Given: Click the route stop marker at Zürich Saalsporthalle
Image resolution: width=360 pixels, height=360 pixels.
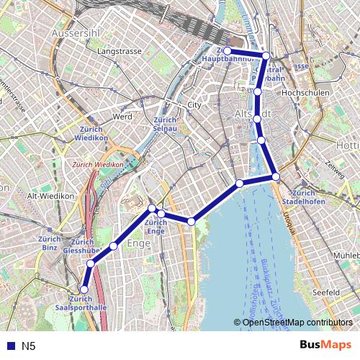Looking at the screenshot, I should [84, 289].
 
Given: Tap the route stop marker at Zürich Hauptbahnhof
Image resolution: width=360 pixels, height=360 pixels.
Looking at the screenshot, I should [227, 51].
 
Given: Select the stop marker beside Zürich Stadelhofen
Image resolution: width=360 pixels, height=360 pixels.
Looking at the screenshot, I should [276, 176].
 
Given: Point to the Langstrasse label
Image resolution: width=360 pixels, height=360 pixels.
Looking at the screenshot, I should [117, 53].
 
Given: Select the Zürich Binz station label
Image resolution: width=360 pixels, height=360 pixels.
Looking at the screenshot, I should [49, 243].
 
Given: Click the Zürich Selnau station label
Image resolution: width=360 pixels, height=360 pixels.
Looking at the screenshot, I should [166, 123].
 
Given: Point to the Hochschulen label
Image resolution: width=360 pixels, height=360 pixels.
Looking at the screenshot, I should [306, 94].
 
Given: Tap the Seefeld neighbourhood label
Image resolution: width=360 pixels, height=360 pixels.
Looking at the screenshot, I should [326, 293].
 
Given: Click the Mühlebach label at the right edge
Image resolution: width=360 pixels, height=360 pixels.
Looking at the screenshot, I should [346, 256].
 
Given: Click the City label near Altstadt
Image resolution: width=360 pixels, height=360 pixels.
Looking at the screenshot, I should [193, 105].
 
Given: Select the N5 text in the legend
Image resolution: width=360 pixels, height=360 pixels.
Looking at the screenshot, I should [28, 346].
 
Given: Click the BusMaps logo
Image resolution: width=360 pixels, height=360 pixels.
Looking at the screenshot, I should [325, 345].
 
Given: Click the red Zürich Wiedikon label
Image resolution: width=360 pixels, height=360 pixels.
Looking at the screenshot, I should [98, 165].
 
